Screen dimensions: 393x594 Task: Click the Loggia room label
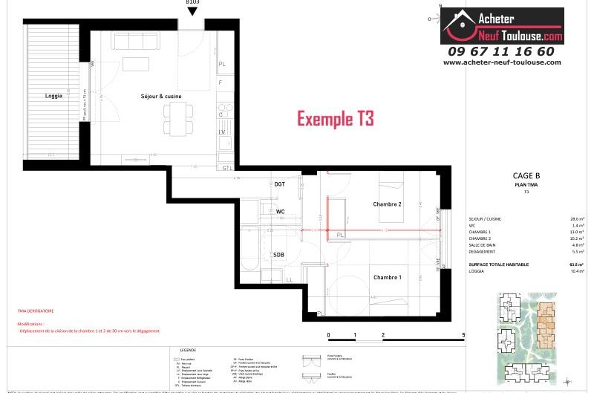click(x=53, y=96)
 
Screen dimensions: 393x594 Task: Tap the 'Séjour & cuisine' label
click(x=161, y=96)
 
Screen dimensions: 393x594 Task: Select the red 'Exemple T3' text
click(x=336, y=118)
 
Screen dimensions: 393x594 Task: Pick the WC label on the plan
click(x=280, y=212)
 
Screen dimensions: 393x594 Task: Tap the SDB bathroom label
click(x=278, y=254)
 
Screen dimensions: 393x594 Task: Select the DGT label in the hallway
click(x=279, y=183)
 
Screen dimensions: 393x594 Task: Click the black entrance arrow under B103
click(x=192, y=12)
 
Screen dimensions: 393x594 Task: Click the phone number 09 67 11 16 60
click(x=501, y=51)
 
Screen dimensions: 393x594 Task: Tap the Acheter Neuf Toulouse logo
click(x=503, y=26)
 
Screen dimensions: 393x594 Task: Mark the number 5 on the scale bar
click(x=463, y=336)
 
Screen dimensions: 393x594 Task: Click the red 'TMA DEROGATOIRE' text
click(x=36, y=311)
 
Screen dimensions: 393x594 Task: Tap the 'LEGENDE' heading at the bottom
click(x=188, y=349)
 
